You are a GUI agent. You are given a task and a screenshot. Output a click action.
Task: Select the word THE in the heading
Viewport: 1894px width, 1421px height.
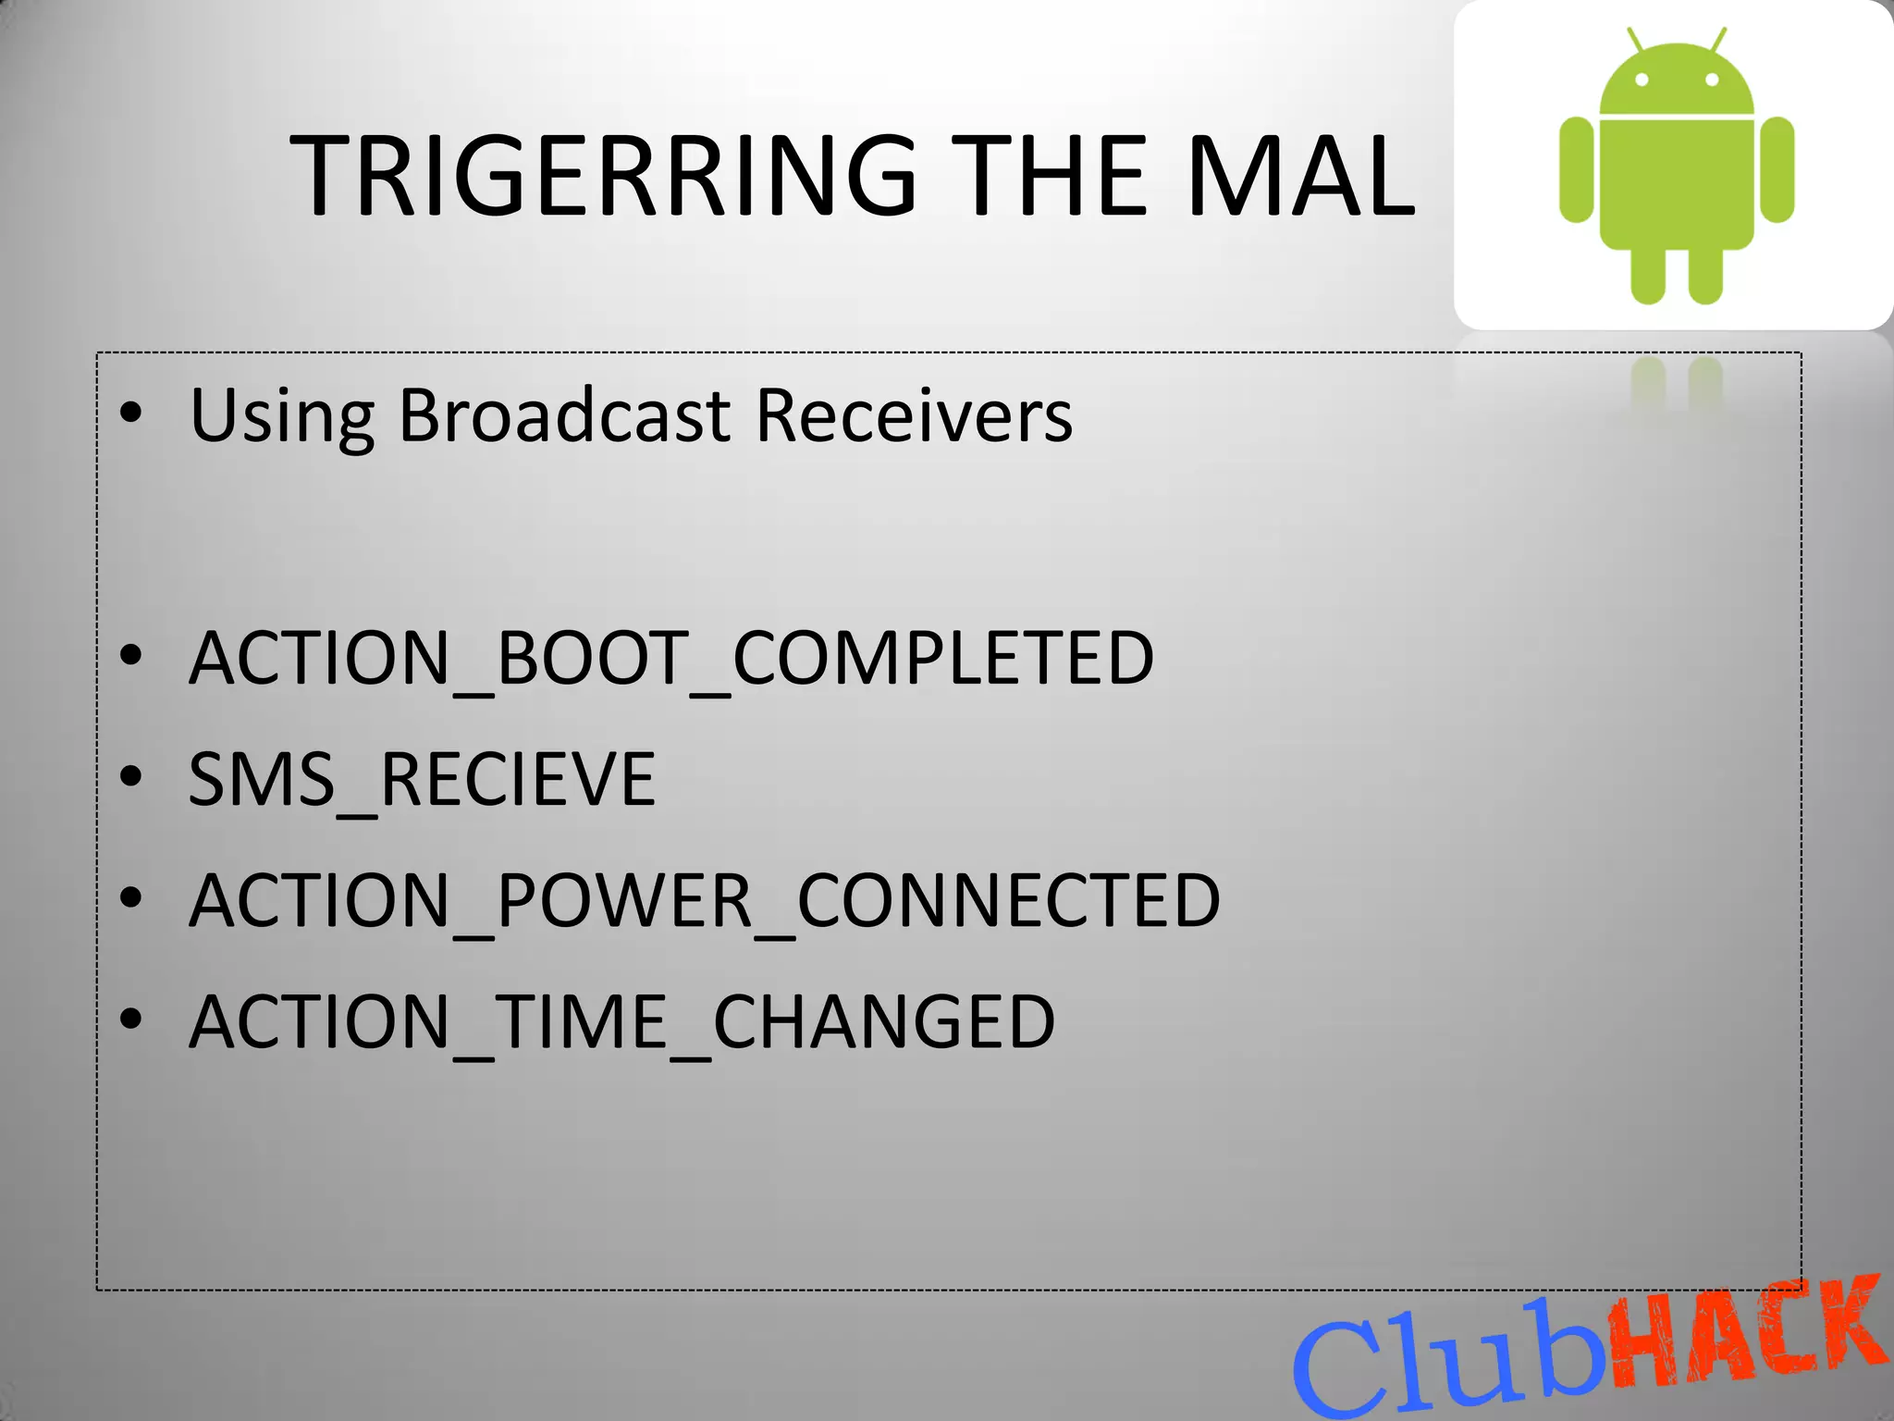tap(1049, 176)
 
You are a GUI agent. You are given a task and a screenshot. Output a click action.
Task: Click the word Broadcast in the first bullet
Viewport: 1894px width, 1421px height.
tap(564, 415)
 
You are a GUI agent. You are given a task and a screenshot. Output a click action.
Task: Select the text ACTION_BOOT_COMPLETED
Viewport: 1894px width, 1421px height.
tap(671, 659)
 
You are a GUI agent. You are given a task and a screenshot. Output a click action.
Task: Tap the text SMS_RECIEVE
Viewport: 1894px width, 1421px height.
tap(422, 780)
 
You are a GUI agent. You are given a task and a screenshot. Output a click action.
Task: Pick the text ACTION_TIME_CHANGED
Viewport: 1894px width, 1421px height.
tap(621, 1022)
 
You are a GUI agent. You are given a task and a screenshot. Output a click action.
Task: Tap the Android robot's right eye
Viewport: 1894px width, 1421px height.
tap(1712, 80)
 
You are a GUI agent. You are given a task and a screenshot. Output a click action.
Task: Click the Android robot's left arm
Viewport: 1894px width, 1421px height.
tap(1576, 169)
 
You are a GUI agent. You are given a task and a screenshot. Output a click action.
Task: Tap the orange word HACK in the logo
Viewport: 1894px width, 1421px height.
tap(1748, 1332)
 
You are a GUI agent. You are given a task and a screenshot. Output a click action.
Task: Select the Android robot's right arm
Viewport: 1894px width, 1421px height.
tap(1777, 169)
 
